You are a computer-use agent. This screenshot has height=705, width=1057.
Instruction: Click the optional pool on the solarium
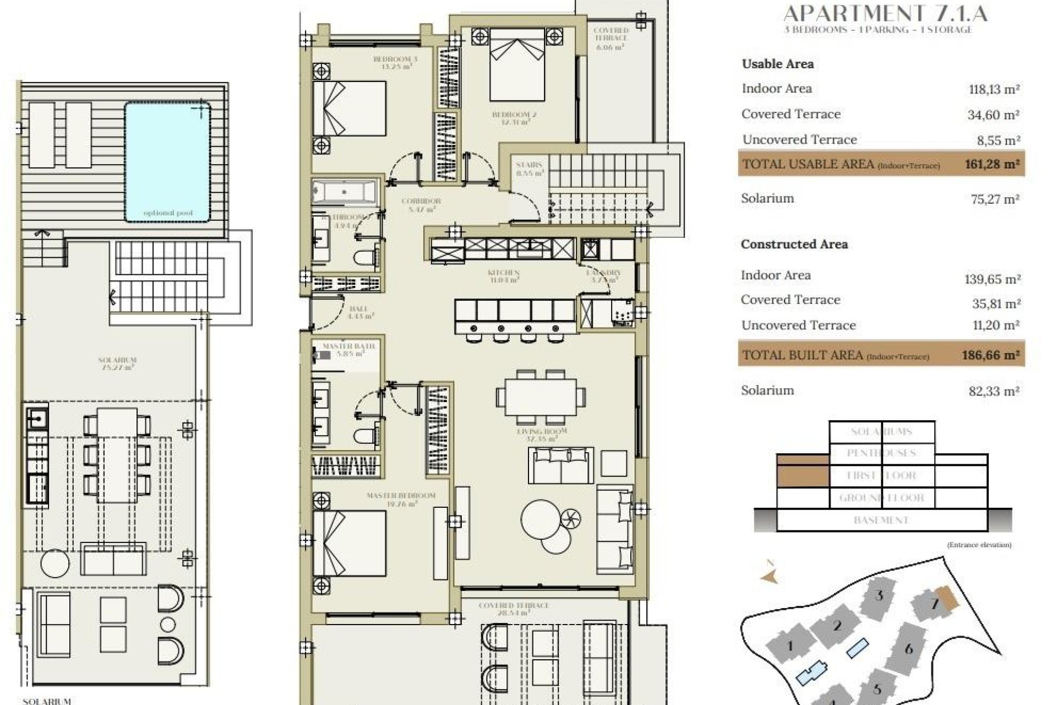[x=167, y=162]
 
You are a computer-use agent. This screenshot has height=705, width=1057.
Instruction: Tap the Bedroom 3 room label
[x=396, y=63]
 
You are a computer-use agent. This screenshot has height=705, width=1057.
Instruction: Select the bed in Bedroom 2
[x=516, y=65]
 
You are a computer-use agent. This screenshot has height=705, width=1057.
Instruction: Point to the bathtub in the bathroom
[x=344, y=193]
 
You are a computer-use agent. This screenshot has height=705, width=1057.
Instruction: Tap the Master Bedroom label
[x=401, y=499]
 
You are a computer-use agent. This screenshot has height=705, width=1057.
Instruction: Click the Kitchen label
[x=504, y=276]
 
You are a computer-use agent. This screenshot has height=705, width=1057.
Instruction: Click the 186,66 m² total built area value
[x=991, y=355]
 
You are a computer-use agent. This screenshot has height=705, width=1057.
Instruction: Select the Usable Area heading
[x=777, y=64]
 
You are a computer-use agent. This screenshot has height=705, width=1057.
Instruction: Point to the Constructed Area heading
[x=794, y=244]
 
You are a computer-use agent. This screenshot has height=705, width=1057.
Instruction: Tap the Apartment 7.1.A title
[x=885, y=13]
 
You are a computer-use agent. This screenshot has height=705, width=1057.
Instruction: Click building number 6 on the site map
[x=909, y=649]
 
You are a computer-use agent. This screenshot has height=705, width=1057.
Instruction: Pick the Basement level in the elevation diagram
[x=881, y=520]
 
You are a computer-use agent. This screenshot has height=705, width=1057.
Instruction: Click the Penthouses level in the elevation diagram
[x=881, y=453]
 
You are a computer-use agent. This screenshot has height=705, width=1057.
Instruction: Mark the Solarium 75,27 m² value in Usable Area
[x=995, y=199]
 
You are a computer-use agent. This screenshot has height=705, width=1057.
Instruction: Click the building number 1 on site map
[x=790, y=646]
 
